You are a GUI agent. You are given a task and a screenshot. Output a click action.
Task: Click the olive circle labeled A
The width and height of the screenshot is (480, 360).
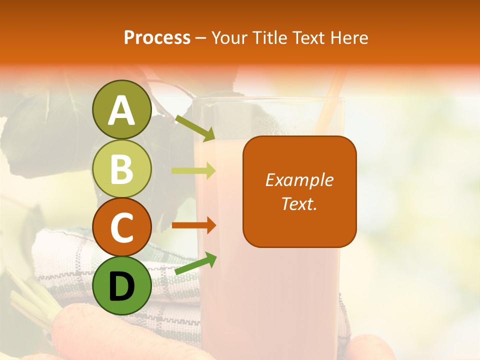[122, 109]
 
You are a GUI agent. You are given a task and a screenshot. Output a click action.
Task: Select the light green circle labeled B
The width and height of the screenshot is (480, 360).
[122, 169]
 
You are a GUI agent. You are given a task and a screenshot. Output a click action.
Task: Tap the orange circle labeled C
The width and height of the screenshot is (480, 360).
[122, 228]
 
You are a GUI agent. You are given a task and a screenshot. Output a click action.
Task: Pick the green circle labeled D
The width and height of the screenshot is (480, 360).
[122, 286]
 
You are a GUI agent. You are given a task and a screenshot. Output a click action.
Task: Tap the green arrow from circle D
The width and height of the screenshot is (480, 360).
[195, 264]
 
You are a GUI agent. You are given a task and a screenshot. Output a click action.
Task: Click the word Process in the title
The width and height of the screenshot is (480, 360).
[157, 37]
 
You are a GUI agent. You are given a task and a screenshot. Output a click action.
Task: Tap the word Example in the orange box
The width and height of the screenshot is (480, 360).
[299, 180]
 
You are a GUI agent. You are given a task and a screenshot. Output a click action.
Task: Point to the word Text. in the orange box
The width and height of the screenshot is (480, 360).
[299, 203]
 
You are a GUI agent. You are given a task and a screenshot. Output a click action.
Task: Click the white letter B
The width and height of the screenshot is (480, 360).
[122, 169]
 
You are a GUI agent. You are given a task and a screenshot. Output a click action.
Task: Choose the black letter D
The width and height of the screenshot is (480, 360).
[122, 287]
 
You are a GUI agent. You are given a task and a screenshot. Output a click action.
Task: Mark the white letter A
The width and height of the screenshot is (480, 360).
[122, 110]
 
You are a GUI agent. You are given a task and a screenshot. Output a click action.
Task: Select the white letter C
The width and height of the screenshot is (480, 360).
[122, 228]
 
